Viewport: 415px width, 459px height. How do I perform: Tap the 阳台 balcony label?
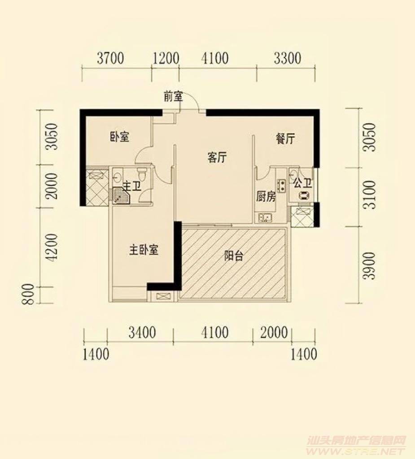coord(234,256)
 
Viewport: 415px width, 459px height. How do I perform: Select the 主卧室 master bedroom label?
coord(144,250)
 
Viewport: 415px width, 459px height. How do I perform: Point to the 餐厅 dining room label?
coord(285,139)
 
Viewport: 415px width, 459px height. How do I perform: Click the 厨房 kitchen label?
coord(266,197)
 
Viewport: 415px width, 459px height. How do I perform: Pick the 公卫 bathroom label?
coord(302,183)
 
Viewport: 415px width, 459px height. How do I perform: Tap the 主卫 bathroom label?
coord(132,186)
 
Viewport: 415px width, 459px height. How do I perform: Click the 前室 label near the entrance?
coord(173,96)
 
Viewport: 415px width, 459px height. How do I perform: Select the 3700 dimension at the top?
coord(110,58)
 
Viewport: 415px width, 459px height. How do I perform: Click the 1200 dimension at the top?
coord(166,58)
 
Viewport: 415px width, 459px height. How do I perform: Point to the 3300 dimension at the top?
coord(288,58)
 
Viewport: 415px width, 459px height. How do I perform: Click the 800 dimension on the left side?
coord(29,294)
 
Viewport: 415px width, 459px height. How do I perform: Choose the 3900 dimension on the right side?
coord(369,265)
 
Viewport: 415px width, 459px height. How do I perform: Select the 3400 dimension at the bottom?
coord(142,333)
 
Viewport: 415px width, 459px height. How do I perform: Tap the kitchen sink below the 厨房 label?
coord(265,217)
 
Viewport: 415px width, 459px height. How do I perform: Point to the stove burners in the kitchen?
coord(281,186)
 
